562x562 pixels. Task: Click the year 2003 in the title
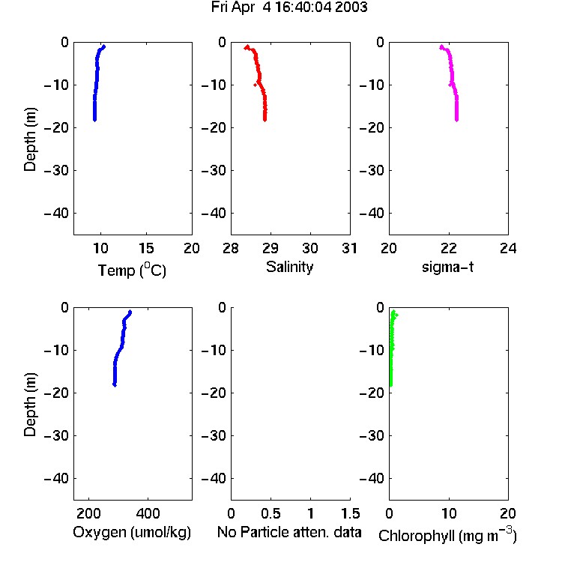tap(351, 7)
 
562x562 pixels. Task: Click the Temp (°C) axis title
tap(132, 270)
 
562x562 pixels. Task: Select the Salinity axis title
tap(289, 267)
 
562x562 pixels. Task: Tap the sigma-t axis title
tap(447, 267)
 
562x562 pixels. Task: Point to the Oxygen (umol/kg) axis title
tap(132, 532)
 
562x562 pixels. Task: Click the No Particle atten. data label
tap(289, 532)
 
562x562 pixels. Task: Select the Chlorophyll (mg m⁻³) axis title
tap(447, 535)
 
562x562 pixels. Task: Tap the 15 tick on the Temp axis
tap(146, 248)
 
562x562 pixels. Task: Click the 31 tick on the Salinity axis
tap(349, 248)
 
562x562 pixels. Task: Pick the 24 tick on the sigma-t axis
tap(508, 248)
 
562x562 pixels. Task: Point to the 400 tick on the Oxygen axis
tap(148, 513)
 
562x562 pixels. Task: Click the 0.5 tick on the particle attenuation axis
tap(271, 513)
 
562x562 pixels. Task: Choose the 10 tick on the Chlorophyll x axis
tap(448, 513)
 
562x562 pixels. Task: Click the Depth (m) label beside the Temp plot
tap(30, 139)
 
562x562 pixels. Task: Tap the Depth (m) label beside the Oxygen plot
tap(30, 405)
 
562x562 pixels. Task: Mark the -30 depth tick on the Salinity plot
tap(214, 170)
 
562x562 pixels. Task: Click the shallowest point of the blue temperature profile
tap(104, 46)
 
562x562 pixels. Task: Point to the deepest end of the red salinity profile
tap(265, 120)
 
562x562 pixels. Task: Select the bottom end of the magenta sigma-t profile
tap(457, 120)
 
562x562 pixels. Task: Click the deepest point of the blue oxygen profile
tap(115, 385)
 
